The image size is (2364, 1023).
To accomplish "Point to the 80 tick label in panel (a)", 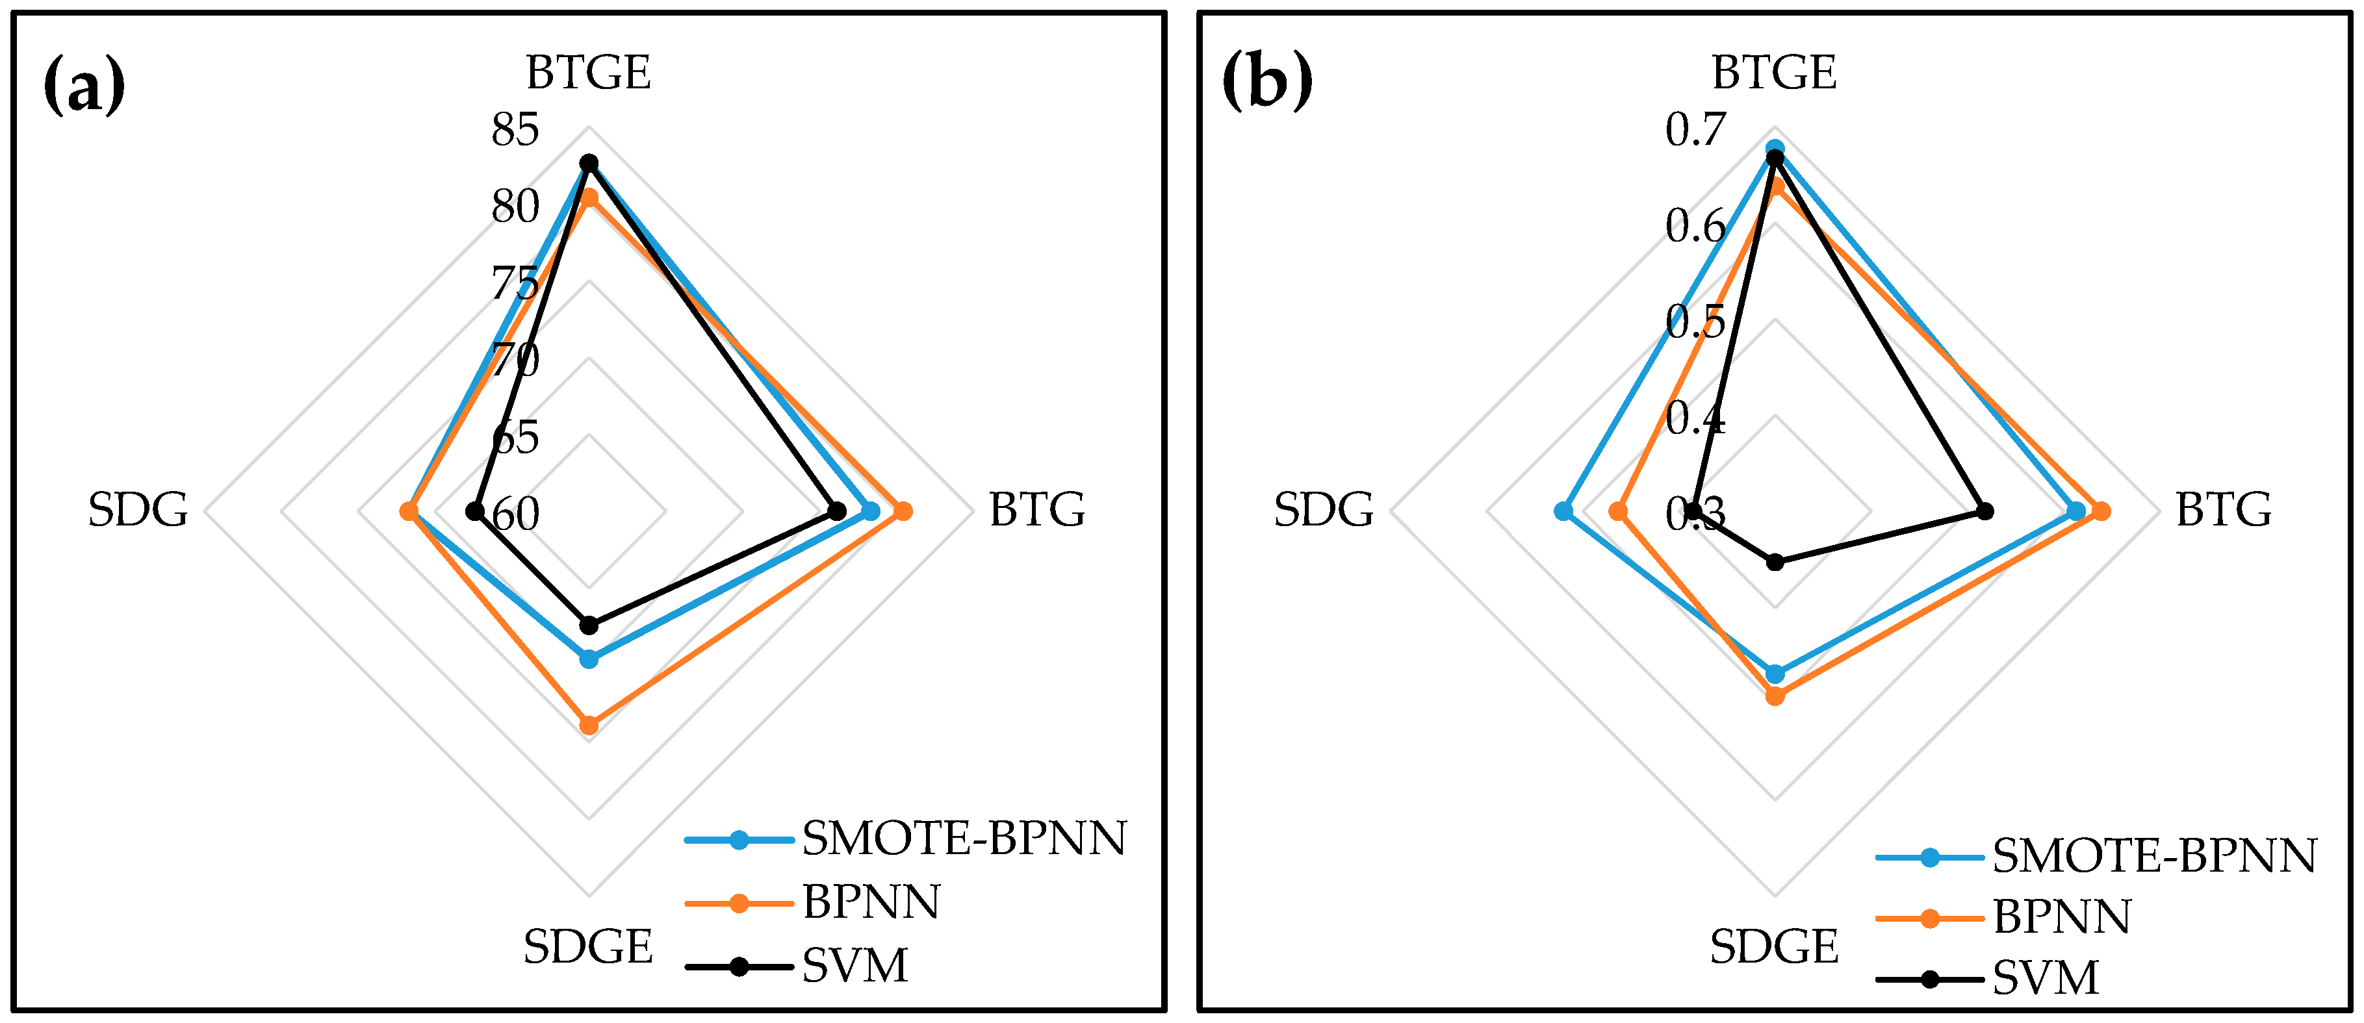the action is pyautogui.click(x=515, y=207).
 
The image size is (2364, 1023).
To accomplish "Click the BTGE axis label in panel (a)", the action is pyautogui.click(x=588, y=73).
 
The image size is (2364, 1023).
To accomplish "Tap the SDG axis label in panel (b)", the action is pyautogui.click(x=1323, y=510).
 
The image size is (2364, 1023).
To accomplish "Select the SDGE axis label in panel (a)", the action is pyautogui.click(x=588, y=947).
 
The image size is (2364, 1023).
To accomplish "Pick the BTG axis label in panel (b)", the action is pyautogui.click(x=2224, y=510).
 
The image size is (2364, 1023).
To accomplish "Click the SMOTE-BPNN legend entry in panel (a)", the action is pyautogui.click(x=905, y=839).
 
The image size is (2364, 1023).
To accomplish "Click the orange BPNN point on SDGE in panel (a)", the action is pyautogui.click(x=589, y=726).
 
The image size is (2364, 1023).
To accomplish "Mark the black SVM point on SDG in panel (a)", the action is pyautogui.click(x=474, y=511).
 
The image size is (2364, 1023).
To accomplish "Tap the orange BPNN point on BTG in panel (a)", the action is pyautogui.click(x=903, y=511).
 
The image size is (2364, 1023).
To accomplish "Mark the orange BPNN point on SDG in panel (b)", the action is pyautogui.click(x=1620, y=511).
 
